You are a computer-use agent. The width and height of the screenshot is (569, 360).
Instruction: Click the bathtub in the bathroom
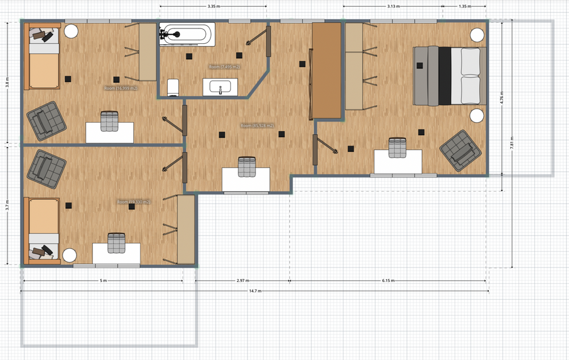pos(187,34)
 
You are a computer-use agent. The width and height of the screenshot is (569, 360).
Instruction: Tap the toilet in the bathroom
pos(174,87)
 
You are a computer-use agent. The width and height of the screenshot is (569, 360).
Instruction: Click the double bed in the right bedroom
pos(450,76)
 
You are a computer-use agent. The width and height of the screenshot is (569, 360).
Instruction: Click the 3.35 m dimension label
pos(215,7)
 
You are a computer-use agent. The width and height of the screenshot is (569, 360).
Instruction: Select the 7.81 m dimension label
pos(512,145)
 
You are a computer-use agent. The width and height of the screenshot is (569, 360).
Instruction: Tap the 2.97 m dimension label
pos(242,280)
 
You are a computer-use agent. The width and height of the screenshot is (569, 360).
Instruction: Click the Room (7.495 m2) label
pos(224,67)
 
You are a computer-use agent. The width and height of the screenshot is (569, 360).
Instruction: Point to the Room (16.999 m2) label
pos(121,89)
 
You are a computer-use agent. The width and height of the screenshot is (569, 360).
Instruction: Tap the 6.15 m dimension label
pos(388,280)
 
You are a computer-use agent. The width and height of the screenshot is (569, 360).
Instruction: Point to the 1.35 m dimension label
pos(465,7)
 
